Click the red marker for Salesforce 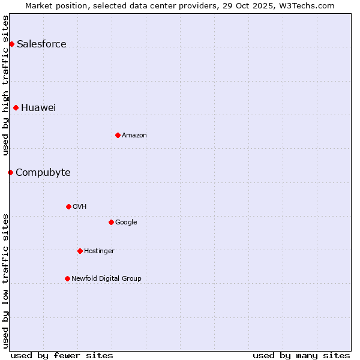11,44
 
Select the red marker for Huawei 16,107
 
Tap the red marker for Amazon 118,135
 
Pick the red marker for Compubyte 10,172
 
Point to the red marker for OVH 68,206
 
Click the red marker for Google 111,222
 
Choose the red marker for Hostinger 80,251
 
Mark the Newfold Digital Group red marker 67,278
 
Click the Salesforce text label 41,44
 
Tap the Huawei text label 38,107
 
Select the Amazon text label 134,135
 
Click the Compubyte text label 43,172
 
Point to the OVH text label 80,206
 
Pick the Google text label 126,222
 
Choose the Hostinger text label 99,251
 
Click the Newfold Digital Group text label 106,278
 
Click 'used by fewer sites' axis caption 62,355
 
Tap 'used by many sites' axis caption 301,355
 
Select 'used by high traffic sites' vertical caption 5,85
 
